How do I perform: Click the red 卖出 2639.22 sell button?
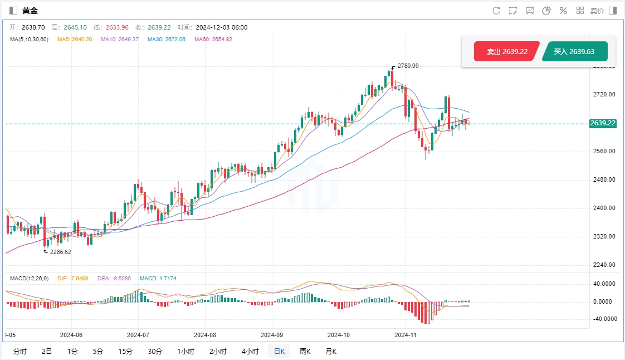pyautogui.click(x=507, y=51)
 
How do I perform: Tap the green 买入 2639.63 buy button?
pyautogui.click(x=574, y=51)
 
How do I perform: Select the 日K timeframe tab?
pyautogui.click(x=279, y=351)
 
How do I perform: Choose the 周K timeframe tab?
pyautogui.click(x=305, y=351)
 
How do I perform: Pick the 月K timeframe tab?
pyautogui.click(x=331, y=351)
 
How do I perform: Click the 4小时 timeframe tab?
pyautogui.click(x=250, y=351)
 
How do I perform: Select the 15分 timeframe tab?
pyautogui.click(x=125, y=351)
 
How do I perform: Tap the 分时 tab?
pyautogui.click(x=19, y=351)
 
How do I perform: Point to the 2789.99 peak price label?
pyautogui.click(x=408, y=66)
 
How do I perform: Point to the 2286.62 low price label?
pyautogui.click(x=60, y=252)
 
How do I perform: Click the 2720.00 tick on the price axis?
pyautogui.click(x=604, y=94)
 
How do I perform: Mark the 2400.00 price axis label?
pyautogui.click(x=604, y=208)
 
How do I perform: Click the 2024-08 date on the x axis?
pyautogui.click(x=204, y=335)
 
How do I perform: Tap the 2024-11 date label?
pyautogui.click(x=405, y=335)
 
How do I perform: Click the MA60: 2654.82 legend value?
pyautogui.click(x=213, y=40)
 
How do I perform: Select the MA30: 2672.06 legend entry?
pyautogui.click(x=167, y=40)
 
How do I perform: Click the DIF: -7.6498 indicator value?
pyautogui.click(x=72, y=278)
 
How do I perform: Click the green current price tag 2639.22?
pyautogui.click(x=603, y=123)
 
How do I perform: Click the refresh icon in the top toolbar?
pyautogui.click(x=496, y=11)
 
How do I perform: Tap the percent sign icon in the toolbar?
pyautogui.click(x=563, y=11)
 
